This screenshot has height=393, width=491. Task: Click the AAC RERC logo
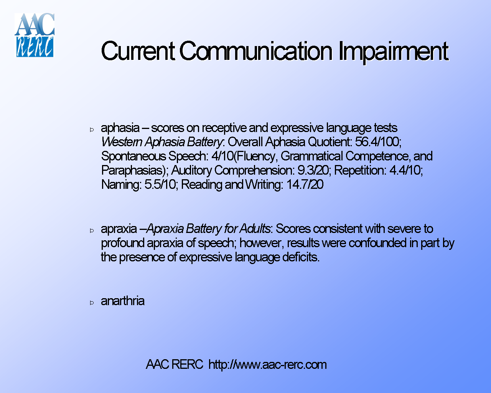pos(35,35)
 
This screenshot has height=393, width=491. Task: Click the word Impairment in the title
pos(393,51)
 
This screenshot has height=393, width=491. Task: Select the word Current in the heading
pos(138,51)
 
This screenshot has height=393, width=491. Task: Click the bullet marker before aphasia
pos(92,130)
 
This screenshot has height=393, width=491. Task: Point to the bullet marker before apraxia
pos(92,231)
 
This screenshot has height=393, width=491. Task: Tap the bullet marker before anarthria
pos(92,303)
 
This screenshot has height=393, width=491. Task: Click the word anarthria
pos(122,301)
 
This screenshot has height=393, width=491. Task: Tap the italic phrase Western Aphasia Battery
pos(161,142)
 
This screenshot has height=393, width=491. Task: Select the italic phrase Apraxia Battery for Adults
pos(209,229)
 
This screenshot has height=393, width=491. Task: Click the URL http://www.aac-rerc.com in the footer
pos(267,364)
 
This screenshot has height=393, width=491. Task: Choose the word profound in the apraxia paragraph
pos(122,243)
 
